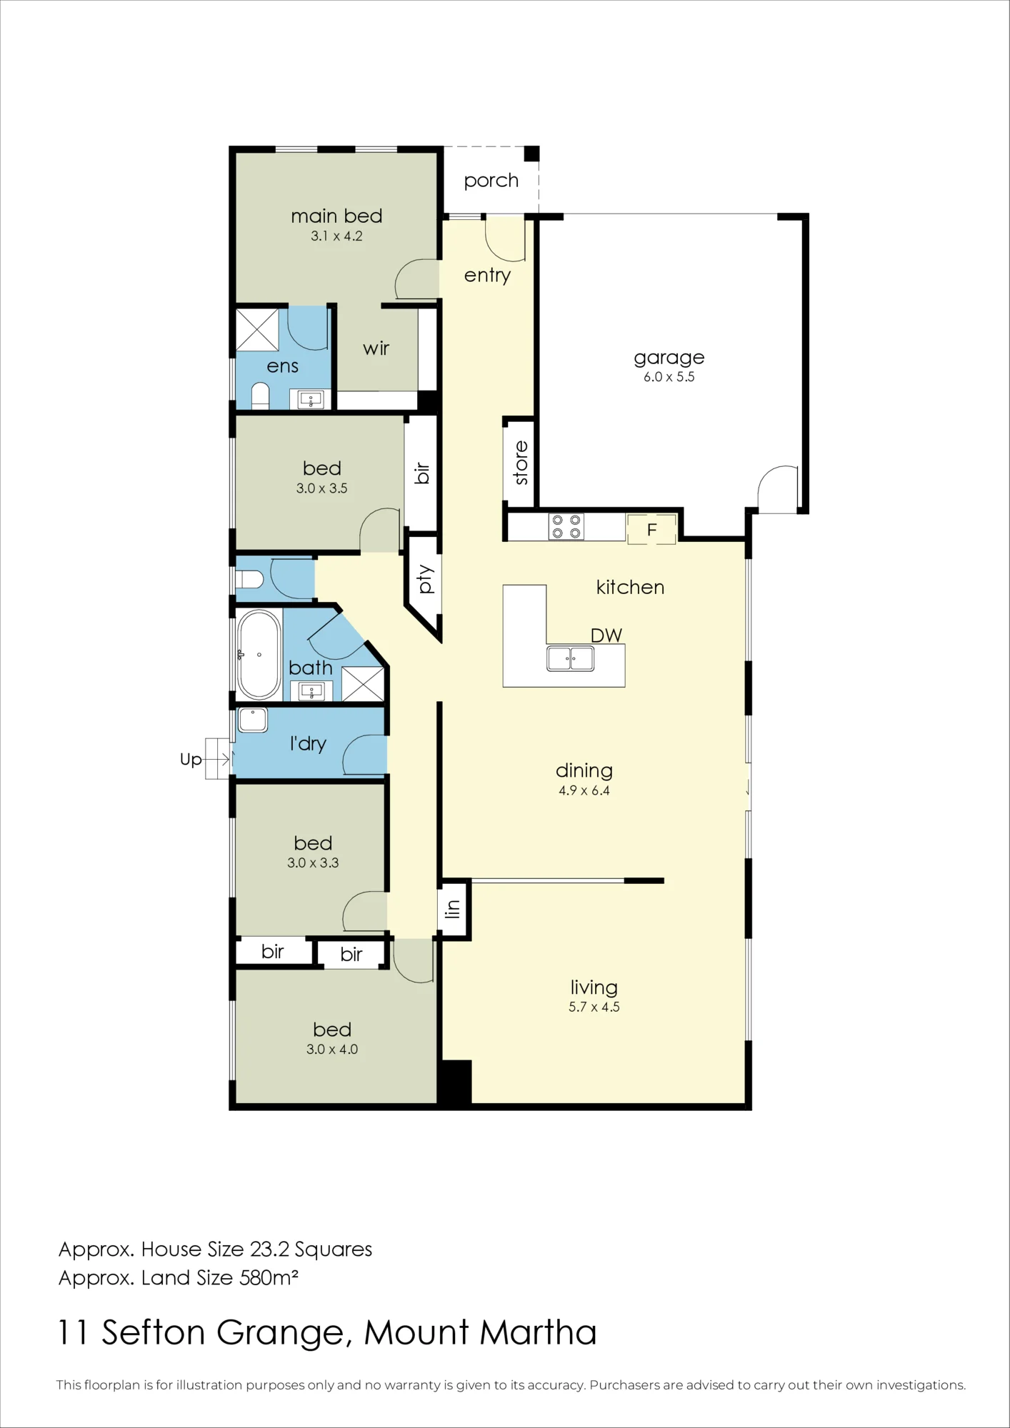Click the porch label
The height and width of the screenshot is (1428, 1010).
click(491, 181)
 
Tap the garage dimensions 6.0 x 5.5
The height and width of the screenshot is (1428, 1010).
click(669, 377)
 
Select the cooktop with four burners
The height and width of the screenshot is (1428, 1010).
click(566, 527)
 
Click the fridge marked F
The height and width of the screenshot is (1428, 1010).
click(651, 530)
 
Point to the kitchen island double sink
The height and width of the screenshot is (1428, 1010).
click(570, 658)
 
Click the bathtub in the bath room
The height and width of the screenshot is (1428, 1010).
click(259, 655)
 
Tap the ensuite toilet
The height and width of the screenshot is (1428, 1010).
click(260, 397)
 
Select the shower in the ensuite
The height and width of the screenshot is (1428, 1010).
click(257, 329)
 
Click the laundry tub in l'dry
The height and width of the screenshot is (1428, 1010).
click(253, 720)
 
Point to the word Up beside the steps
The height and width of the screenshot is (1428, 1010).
click(191, 760)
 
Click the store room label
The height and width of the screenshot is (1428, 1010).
click(521, 462)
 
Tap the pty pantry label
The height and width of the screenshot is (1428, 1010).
click(426, 579)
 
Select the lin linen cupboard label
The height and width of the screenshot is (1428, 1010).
click(452, 909)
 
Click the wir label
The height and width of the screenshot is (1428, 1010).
click(376, 348)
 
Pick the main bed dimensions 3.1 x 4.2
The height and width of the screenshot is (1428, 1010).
click(336, 236)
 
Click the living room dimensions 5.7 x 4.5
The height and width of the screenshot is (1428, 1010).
click(594, 1007)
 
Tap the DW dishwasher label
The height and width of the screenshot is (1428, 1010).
click(606, 635)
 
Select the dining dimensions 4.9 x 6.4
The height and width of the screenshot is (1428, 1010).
click(584, 790)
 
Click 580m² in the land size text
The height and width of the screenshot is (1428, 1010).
click(269, 1277)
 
